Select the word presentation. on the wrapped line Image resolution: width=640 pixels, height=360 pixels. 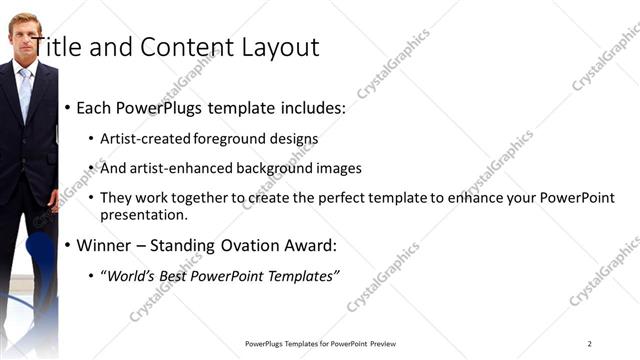[x=143, y=215]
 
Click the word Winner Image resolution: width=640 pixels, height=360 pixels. [x=104, y=245]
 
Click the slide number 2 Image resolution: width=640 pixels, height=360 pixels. [x=589, y=344]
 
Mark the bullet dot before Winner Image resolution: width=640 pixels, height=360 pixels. [x=67, y=246]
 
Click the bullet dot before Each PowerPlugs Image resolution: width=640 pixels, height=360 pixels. [x=67, y=108]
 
